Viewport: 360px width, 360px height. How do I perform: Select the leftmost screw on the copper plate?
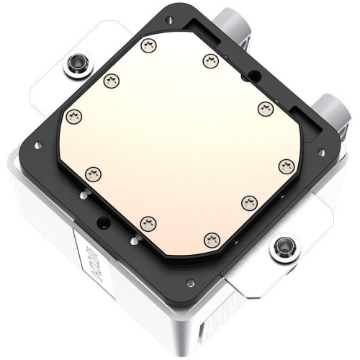click(73, 115)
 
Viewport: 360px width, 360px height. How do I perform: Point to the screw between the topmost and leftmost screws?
click(110, 80)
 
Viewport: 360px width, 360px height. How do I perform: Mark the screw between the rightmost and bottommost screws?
click(250, 201)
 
